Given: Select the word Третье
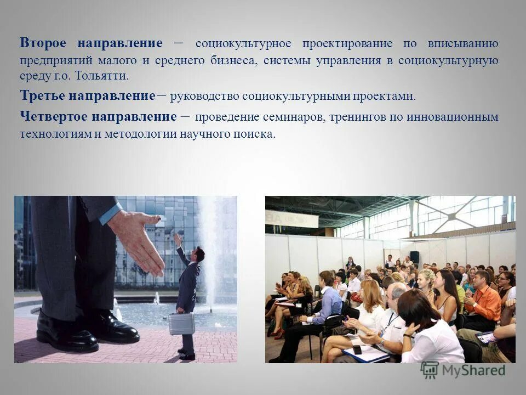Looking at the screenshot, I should click(43, 96).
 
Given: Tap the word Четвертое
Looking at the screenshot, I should click(53, 116).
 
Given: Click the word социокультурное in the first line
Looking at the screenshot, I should click(237, 43).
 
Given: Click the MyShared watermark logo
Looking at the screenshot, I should click(464, 370).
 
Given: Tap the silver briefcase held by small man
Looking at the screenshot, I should click(181, 324).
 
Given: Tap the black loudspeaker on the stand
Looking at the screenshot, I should click(415, 256).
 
